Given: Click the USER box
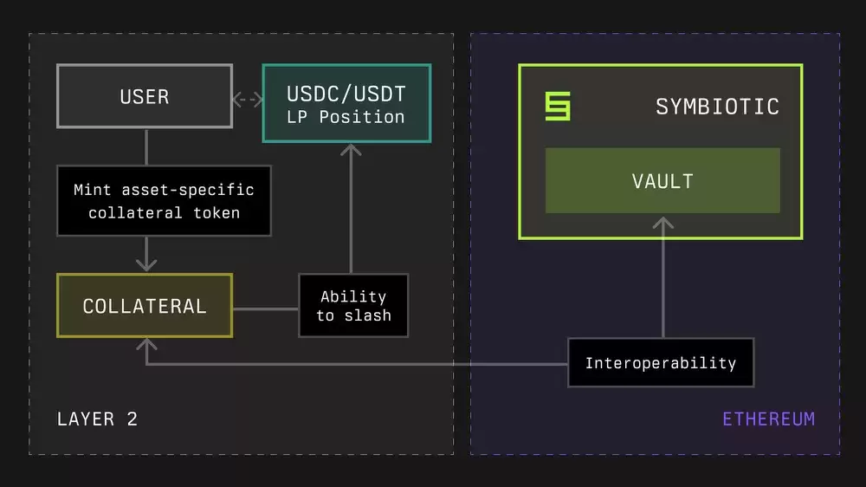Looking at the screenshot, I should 145,96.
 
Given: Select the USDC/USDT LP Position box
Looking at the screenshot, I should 346,103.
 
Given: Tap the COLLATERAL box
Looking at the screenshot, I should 145,306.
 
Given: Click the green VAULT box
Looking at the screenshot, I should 662,181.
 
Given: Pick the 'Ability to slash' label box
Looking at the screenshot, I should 352,306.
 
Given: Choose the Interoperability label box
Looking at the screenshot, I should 661,363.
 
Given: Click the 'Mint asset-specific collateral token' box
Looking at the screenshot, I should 164,201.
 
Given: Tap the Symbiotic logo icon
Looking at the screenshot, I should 558,107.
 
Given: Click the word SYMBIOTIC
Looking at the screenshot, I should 717,107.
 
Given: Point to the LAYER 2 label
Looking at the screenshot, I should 97,419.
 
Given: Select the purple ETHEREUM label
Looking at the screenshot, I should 768,419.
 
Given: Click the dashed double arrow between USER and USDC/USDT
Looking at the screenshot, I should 247,100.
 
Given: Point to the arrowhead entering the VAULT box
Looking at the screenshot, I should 662,224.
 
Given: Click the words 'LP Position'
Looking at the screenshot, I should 346,117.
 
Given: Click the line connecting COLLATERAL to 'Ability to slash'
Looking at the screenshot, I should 265,307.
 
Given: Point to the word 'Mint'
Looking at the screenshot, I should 92,190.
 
